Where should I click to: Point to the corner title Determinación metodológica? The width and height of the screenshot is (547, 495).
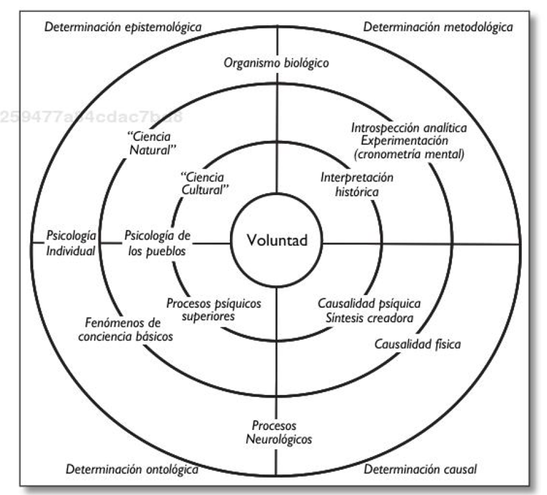438,27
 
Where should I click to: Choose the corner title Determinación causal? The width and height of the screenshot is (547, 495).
420,469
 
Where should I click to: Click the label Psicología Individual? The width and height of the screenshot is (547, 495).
70,242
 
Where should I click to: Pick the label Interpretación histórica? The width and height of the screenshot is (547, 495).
349,185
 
